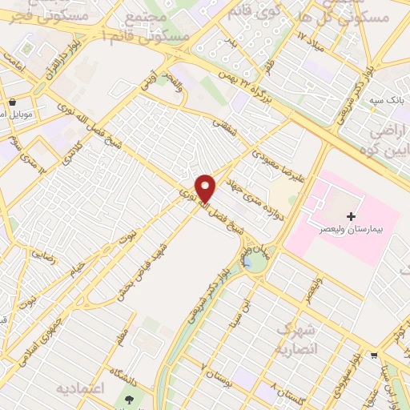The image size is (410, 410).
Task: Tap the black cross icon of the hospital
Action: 351,216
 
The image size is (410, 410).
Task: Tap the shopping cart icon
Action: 374,356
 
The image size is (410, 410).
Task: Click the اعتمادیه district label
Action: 80,388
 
